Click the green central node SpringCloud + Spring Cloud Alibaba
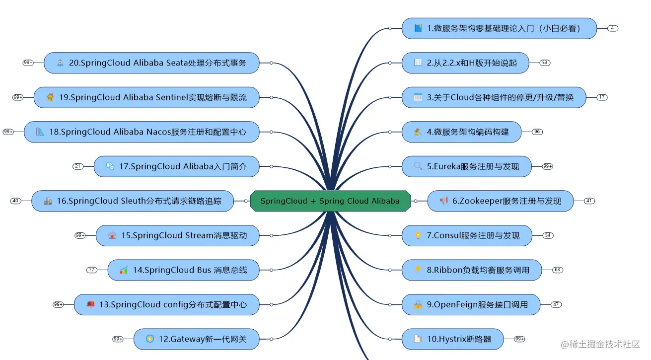click(x=330, y=201)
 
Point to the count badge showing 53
click(x=545, y=63)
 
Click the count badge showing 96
click(x=537, y=132)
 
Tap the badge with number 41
click(x=589, y=201)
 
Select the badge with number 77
click(x=92, y=270)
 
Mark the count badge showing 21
click(x=78, y=166)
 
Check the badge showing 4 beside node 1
click(x=613, y=28)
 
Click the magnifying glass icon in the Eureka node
click(x=418, y=166)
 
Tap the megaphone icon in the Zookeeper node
click(x=444, y=201)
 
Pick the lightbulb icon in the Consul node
click(x=418, y=236)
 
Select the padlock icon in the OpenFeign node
click(x=418, y=305)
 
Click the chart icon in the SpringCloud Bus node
click(x=124, y=270)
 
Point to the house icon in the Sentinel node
click(x=50, y=97)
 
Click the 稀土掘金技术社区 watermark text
click(x=605, y=344)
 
